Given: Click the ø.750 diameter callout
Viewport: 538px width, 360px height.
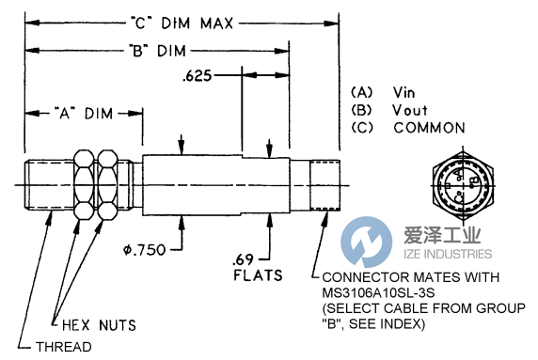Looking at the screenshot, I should [175, 248].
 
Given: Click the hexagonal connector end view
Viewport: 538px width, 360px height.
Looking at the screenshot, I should [460, 178].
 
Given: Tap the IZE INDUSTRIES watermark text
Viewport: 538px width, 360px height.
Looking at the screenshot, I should [442, 254].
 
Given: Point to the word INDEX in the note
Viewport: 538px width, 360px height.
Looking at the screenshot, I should [404, 323].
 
